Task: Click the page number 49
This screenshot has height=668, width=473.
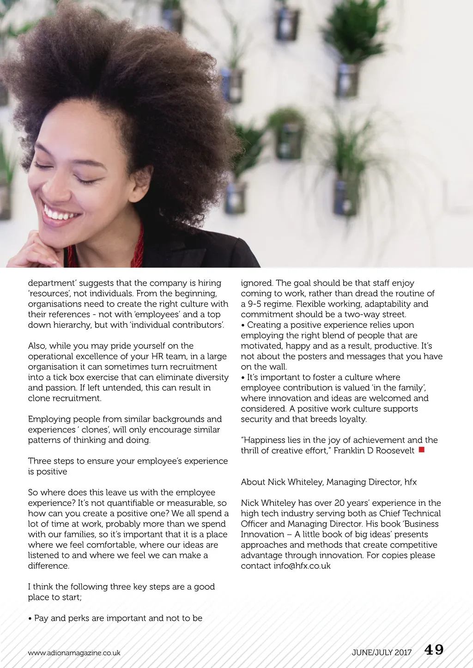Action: coord(434,650)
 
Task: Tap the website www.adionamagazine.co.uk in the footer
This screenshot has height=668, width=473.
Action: coord(74,653)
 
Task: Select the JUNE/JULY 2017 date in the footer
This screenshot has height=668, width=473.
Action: coord(382,652)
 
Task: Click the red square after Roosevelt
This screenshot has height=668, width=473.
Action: coord(421,449)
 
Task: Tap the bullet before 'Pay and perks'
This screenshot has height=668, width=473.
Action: coord(30,618)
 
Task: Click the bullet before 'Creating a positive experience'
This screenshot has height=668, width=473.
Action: coord(243,325)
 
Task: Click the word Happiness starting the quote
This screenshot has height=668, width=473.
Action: coord(267,440)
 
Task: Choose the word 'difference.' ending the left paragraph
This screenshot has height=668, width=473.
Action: coord(49,566)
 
